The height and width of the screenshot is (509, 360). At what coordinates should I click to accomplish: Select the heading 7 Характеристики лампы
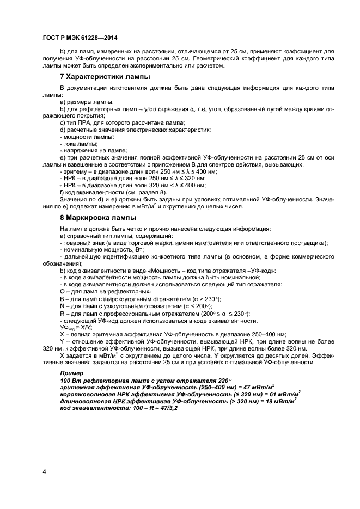[105, 77]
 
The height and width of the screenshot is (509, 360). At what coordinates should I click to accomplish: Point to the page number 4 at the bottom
[44, 471]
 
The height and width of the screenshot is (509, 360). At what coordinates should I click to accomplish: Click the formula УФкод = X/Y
[76, 328]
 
